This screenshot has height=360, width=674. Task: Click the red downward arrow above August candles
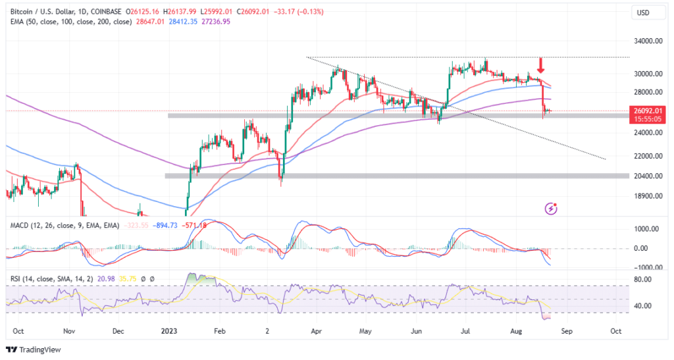click(x=540, y=65)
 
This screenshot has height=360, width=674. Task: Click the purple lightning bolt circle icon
click(x=552, y=209)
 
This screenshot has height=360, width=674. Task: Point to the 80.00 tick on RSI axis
click(x=642, y=279)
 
